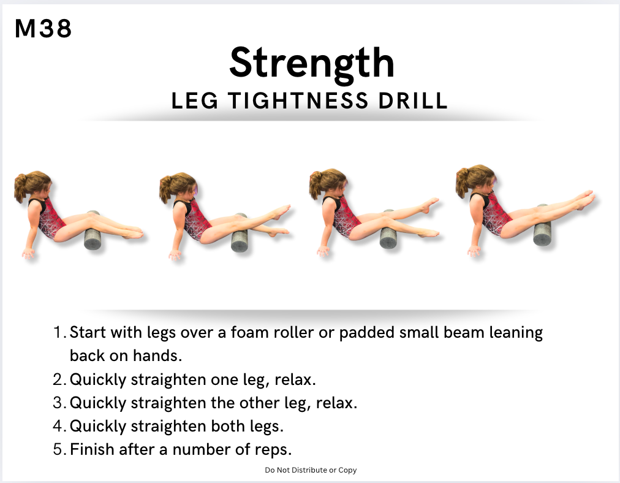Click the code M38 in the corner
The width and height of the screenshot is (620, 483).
pyautogui.click(x=43, y=28)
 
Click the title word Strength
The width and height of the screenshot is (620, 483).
pyautogui.click(x=312, y=63)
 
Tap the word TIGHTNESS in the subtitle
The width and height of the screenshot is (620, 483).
pyautogui.click(x=298, y=101)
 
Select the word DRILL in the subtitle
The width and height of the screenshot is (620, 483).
pyautogui.click(x=413, y=101)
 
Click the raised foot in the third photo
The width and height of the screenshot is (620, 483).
pyautogui.click(x=430, y=205)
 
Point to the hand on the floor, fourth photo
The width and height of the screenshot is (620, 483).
pyautogui.click(x=474, y=251)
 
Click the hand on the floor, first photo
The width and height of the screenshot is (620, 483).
pyautogui.click(x=28, y=253)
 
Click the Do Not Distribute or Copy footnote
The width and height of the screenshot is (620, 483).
pyautogui.click(x=311, y=470)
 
